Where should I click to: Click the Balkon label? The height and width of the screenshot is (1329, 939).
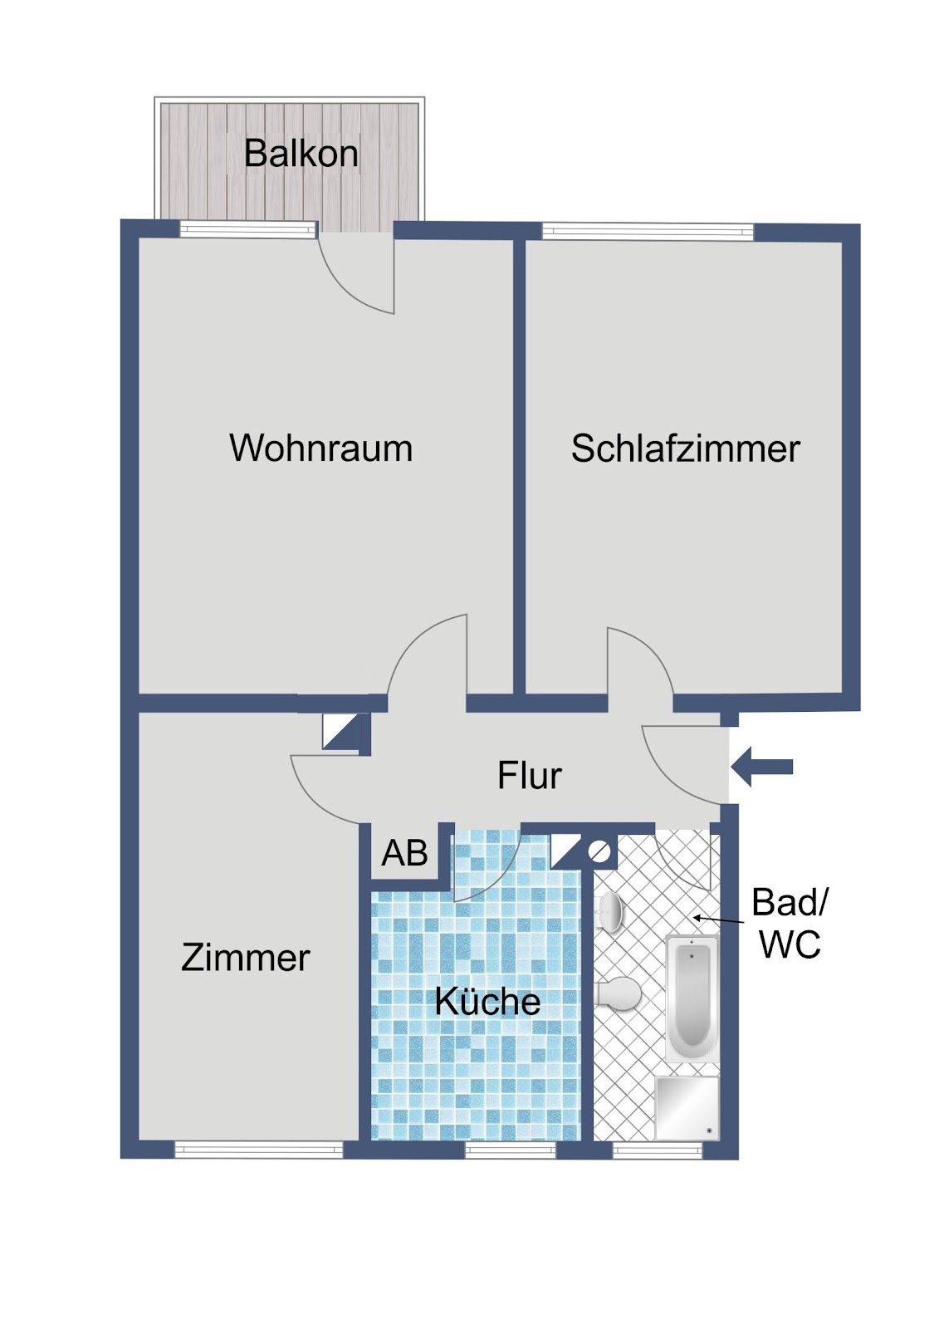301,154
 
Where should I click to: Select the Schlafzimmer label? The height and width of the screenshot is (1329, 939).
685,449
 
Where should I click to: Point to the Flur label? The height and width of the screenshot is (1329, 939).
529,776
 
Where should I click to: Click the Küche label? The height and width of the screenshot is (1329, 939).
487,1001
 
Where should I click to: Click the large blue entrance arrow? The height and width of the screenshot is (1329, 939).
761,767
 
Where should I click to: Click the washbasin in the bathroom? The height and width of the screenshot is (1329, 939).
609,911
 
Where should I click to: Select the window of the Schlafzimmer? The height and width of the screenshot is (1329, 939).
648,231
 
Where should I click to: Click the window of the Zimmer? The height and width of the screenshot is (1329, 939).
259,1150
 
